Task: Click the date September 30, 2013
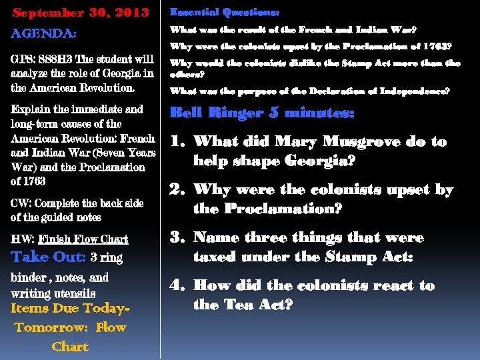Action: [x=81, y=13]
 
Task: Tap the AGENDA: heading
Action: [x=44, y=33]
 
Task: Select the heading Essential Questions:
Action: [x=225, y=12]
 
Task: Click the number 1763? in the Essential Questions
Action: [x=436, y=47]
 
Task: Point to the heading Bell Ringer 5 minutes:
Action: [x=262, y=113]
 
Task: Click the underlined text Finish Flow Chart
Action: [x=83, y=239]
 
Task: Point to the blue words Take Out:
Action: [x=49, y=257]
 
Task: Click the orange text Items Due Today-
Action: [x=70, y=309]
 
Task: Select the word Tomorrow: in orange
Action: [x=51, y=327]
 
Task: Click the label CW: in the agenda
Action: [x=23, y=203]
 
